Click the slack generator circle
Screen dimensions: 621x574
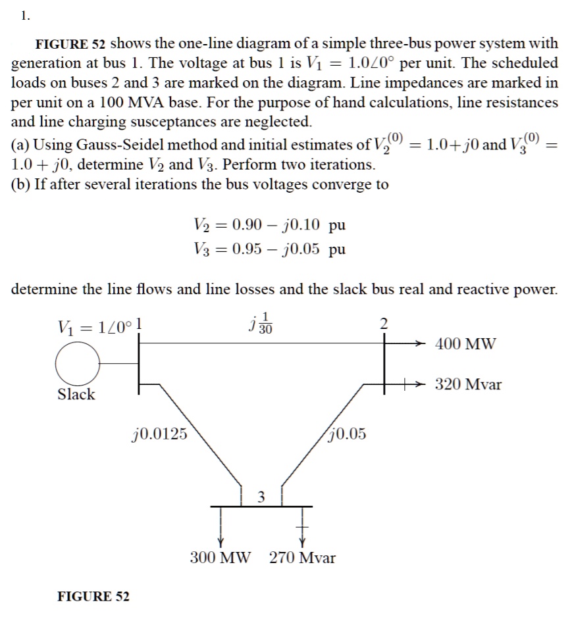(78, 362)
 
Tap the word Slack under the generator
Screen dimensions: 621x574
(76, 395)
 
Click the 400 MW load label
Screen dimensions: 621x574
(466, 343)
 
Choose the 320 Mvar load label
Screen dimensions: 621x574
(468, 384)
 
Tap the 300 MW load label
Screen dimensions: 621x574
(221, 558)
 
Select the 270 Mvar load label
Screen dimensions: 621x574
(302, 558)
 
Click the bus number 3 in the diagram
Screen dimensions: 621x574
(261, 496)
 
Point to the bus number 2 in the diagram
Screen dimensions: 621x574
(386, 323)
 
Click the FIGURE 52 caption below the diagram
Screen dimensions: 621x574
(93, 597)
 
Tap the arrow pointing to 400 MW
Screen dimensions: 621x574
(415, 343)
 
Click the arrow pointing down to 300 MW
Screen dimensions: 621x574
(221, 534)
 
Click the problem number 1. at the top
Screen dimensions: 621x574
(25, 17)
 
